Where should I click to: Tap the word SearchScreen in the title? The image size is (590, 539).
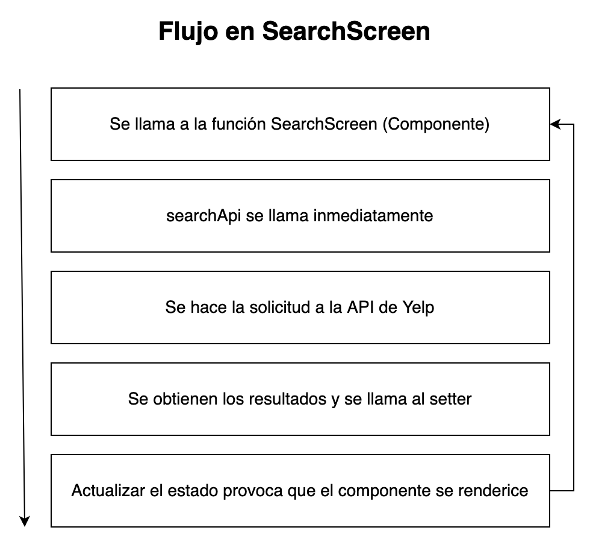click(346, 32)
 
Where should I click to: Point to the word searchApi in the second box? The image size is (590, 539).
click(204, 216)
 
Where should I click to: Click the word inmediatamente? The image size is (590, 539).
click(373, 216)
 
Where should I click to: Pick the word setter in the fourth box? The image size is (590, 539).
click(452, 399)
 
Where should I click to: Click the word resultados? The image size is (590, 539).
click(293, 399)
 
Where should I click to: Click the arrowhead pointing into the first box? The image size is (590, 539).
click(554, 124)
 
